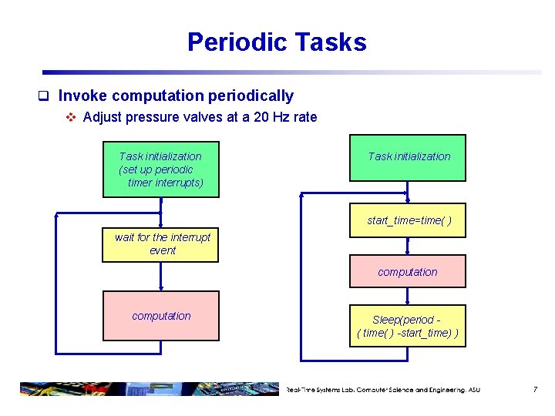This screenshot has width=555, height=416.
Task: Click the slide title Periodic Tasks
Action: pyautogui.click(x=277, y=42)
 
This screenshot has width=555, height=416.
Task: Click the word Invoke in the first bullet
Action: pyautogui.click(x=82, y=96)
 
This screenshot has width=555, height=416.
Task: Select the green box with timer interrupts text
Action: pyautogui.click(x=161, y=169)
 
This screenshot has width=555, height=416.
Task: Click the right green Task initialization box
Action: pyautogui.click(x=408, y=158)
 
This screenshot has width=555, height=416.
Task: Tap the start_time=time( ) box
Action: pyautogui.click(x=408, y=221)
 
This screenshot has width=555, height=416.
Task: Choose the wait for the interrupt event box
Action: pyautogui.click(x=161, y=245)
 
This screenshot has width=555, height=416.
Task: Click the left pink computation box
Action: pyautogui.click(x=161, y=316)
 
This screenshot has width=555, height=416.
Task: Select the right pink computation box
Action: pyautogui.click(x=408, y=272)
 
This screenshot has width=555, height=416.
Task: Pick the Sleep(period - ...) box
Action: pyautogui.click(x=408, y=326)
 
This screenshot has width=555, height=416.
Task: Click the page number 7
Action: pyautogui.click(x=535, y=390)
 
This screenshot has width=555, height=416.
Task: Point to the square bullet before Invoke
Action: pyautogui.click(x=45, y=97)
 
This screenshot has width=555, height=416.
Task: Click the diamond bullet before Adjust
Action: pyautogui.click(x=70, y=118)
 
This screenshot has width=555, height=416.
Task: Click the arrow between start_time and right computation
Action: pyautogui.click(x=409, y=246)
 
